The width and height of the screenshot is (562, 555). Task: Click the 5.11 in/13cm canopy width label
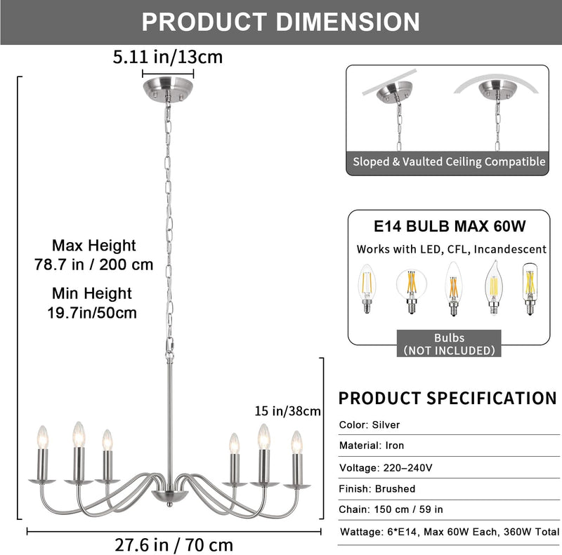pos(168,58)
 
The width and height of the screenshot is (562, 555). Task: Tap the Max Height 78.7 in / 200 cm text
pos(94,255)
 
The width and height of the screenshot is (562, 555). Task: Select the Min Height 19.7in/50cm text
pos(92,303)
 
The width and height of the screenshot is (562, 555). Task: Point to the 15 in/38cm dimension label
pos(287,410)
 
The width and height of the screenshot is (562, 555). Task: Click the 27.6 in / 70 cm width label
pos(174,545)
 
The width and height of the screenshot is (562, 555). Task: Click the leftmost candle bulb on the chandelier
pos(43,437)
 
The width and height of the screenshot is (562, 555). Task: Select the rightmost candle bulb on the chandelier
pos(296,442)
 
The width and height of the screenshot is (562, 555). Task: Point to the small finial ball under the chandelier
pos(169,504)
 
